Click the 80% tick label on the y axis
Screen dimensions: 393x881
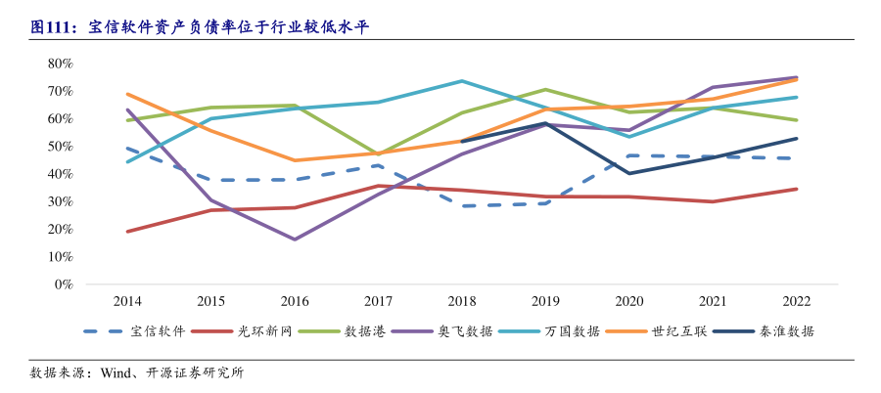60,64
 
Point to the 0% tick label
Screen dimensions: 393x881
64,284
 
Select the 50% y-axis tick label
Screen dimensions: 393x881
60,147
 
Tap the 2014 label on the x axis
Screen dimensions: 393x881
128,301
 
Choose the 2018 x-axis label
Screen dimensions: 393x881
462,301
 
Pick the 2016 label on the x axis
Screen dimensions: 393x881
295,301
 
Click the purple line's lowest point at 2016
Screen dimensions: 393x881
295,240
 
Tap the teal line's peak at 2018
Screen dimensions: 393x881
462,81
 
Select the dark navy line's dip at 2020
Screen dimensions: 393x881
628,173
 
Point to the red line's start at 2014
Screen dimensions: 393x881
128,232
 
